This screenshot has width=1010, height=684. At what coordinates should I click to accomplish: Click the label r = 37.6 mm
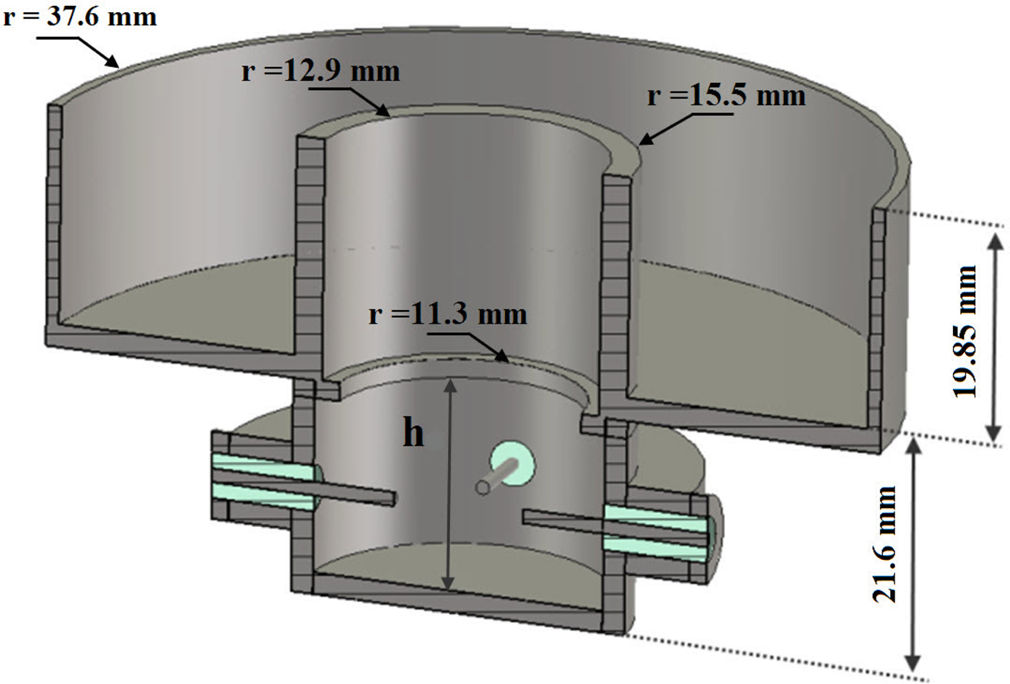(79, 16)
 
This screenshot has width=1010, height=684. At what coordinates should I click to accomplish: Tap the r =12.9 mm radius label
(321, 71)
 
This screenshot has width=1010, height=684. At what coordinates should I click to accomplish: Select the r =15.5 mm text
(726, 96)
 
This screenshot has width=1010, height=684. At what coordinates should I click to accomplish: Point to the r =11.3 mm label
(448, 314)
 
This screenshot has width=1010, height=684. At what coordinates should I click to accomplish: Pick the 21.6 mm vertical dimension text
(884, 544)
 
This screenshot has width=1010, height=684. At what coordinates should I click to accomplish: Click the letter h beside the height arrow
(413, 433)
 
